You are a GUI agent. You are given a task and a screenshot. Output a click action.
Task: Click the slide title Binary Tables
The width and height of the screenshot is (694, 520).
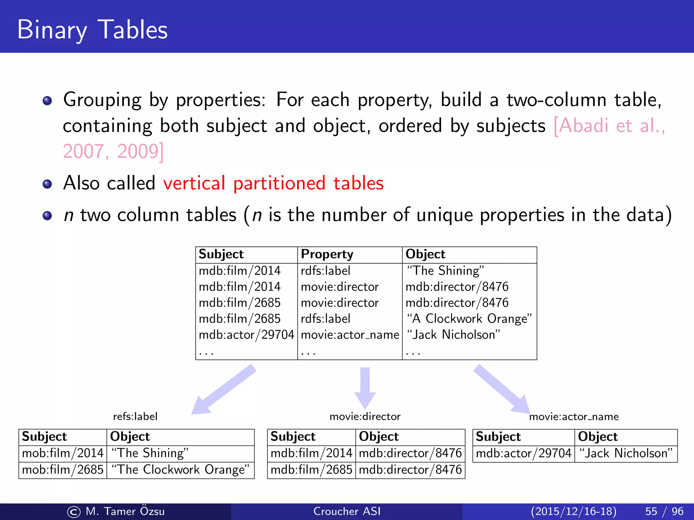click(92, 30)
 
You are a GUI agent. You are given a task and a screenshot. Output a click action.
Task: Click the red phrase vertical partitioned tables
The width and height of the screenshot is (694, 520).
click(273, 183)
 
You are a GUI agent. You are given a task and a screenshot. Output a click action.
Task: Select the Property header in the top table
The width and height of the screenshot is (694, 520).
click(327, 254)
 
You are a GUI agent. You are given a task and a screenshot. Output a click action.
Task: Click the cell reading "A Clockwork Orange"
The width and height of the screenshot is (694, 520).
click(469, 319)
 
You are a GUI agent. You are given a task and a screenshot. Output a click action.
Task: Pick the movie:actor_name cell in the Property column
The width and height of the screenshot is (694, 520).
click(350, 335)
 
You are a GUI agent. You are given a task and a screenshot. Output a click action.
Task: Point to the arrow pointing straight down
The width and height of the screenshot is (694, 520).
click(365, 388)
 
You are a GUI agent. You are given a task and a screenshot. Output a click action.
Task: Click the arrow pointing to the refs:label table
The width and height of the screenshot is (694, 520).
click(224, 389)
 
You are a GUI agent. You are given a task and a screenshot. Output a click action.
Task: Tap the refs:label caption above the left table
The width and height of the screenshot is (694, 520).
click(135, 416)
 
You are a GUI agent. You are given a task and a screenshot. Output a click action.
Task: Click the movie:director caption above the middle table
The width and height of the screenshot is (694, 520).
click(365, 416)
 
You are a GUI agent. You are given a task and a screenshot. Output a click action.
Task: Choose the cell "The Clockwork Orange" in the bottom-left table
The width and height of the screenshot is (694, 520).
click(180, 470)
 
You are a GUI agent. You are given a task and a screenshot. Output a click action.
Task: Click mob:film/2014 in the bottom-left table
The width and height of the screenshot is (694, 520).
click(63, 453)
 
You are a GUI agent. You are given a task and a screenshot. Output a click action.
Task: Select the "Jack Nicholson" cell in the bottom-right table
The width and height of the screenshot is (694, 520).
click(626, 453)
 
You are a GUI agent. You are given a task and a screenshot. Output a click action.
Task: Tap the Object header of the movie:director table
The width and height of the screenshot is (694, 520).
click(379, 437)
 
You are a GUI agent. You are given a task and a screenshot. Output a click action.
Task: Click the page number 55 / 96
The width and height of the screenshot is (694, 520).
click(664, 511)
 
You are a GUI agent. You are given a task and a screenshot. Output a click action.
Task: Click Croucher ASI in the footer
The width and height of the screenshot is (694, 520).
click(347, 511)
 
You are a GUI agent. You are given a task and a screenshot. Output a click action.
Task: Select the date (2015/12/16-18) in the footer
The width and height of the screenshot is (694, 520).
click(573, 511)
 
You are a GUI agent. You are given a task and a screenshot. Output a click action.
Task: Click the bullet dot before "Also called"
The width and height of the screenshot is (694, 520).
click(47, 184)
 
